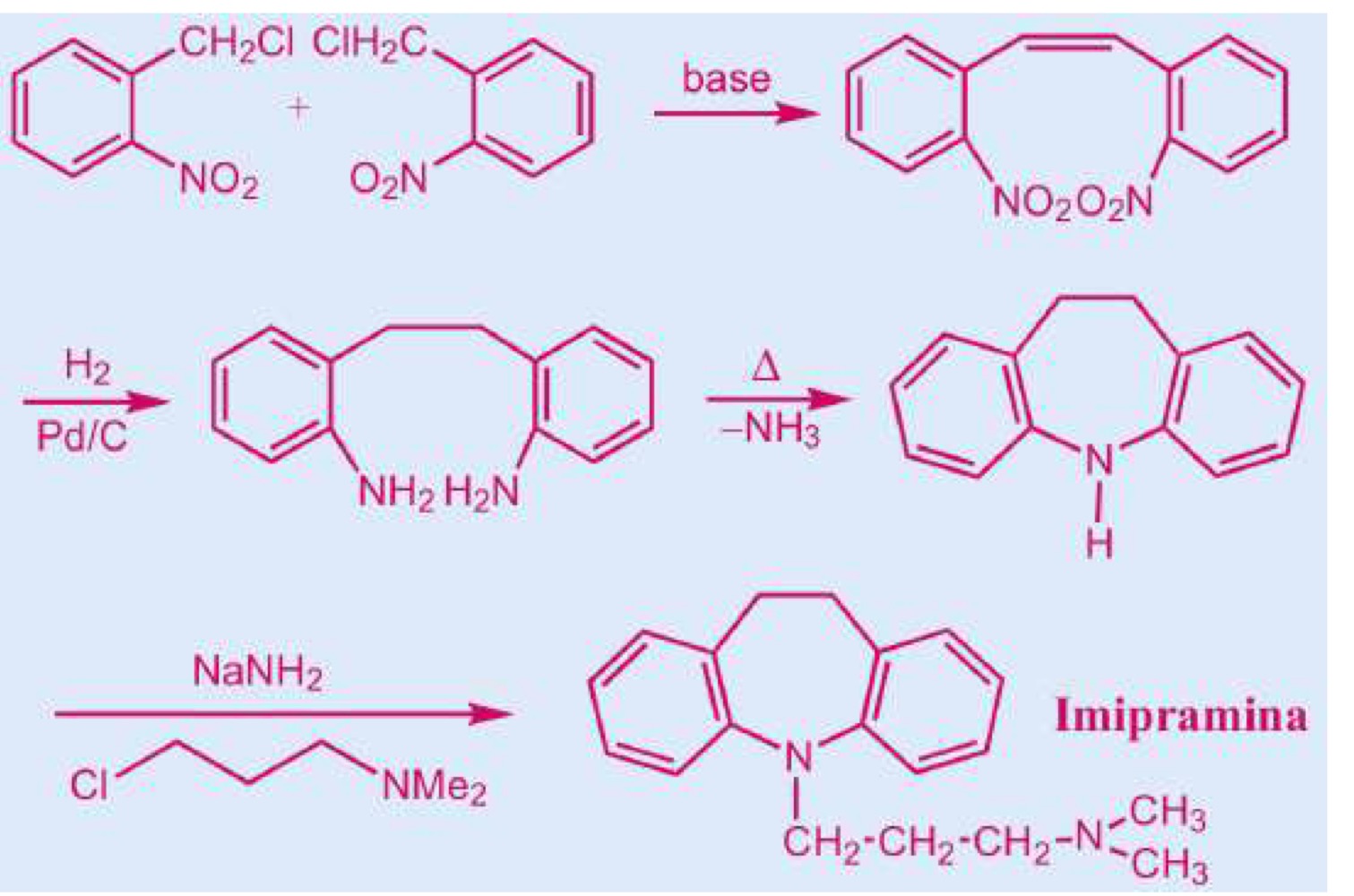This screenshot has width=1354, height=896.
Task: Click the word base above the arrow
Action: point(727,79)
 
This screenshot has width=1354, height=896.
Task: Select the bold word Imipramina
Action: point(1180,718)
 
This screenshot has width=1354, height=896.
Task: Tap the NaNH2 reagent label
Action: point(257,674)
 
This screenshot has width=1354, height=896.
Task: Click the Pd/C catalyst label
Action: point(82,437)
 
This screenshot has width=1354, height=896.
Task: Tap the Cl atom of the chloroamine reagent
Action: point(89,786)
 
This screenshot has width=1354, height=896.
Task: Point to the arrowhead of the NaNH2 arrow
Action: point(491,713)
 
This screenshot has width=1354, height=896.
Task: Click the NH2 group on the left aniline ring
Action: point(396,492)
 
